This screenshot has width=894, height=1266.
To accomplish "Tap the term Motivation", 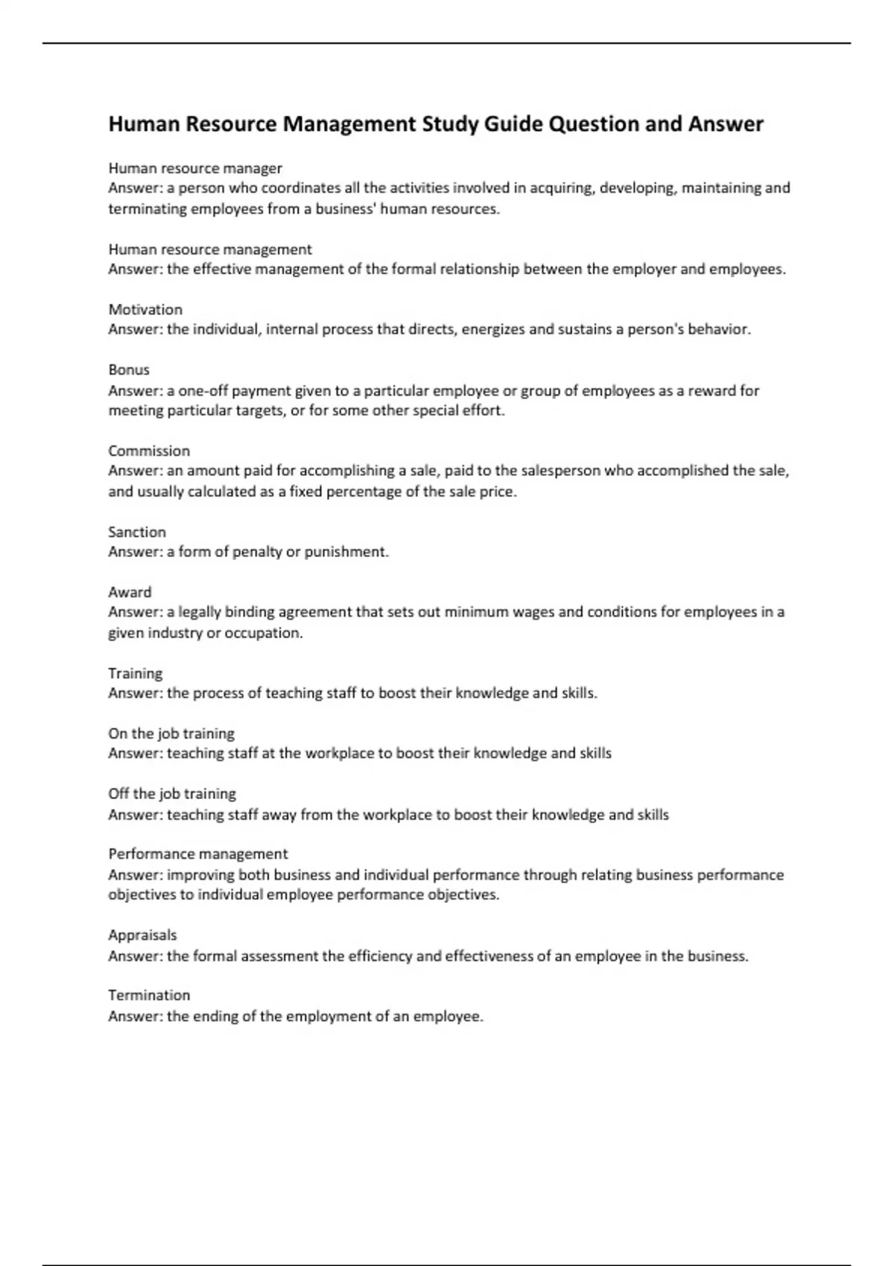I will point(145,310).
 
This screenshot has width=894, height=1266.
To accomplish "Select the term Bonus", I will point(129,370).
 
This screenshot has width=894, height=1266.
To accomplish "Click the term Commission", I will point(149,451).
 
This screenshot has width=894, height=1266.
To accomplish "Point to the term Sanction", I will point(137,532).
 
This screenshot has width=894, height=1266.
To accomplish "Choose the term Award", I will point(130,593).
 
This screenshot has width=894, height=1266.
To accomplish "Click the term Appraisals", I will point(142,935).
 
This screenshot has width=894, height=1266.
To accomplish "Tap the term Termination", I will point(149,996).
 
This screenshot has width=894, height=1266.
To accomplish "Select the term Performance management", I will point(197,854).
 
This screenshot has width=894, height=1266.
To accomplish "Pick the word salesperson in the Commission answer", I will point(560,471).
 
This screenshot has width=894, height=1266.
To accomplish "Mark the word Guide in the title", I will point(513,124).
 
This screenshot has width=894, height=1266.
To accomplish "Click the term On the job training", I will point(171,734).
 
